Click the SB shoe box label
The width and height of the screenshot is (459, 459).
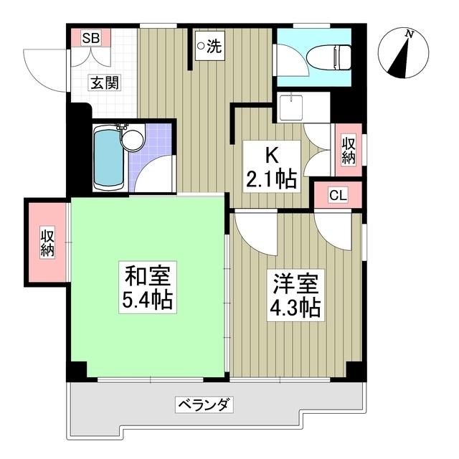pyautogui.click(x=90, y=37)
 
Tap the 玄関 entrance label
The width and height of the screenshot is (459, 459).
pyautogui.click(x=105, y=82)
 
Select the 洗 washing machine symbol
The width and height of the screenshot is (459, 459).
pyautogui.click(x=209, y=47)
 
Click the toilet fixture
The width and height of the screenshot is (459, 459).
pyautogui.click(x=333, y=56)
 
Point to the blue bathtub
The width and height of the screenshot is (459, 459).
pyautogui.click(x=108, y=157)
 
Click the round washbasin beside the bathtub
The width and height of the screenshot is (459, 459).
pyautogui.click(x=132, y=140)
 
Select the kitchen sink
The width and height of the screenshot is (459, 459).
pyautogui.click(x=292, y=108)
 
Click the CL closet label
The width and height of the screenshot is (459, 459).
pyautogui.click(x=338, y=194)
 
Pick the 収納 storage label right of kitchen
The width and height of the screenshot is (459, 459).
pyautogui.click(x=349, y=150)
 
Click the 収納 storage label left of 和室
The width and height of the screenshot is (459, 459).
pyautogui.click(x=47, y=242)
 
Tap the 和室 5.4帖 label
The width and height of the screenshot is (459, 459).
pyautogui.click(x=149, y=287)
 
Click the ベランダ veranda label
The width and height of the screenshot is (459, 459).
pyautogui.click(x=204, y=405)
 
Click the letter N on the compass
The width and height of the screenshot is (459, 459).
pyautogui.click(x=408, y=33)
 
